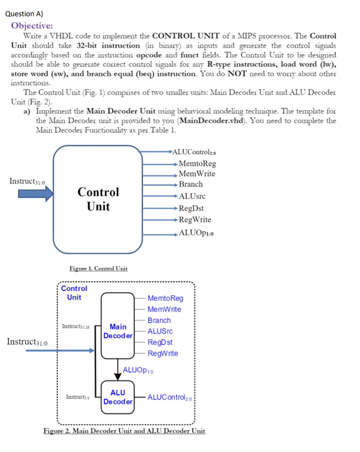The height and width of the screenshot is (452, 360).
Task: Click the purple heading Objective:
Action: point(32,26)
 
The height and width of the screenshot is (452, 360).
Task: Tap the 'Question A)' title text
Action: point(24,14)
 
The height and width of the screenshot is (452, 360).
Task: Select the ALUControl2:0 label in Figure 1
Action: point(194,152)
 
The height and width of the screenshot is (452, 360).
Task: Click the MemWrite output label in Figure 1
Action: point(197,174)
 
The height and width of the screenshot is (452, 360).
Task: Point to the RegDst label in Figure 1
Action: point(191,208)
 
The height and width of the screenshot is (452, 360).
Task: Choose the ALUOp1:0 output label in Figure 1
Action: point(196,233)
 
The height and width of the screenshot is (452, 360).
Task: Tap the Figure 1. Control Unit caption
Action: point(98,269)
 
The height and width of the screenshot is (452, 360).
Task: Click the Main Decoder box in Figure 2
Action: point(118,326)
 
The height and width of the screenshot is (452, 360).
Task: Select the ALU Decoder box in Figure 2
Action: point(118,397)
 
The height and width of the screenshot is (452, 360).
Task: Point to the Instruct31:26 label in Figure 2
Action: point(76,327)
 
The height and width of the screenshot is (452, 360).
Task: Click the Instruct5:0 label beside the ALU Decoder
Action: point(78,397)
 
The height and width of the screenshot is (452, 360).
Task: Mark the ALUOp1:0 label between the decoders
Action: point(138,370)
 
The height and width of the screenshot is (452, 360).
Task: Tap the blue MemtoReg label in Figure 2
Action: point(165,298)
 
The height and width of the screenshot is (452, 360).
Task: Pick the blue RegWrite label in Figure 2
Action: point(163,354)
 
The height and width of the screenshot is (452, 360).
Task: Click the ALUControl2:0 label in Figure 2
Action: point(169,397)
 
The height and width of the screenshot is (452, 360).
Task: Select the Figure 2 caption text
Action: point(124,431)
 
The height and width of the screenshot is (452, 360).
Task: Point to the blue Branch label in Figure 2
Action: point(159,320)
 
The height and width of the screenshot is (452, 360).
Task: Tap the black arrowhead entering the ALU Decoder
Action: point(118,376)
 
